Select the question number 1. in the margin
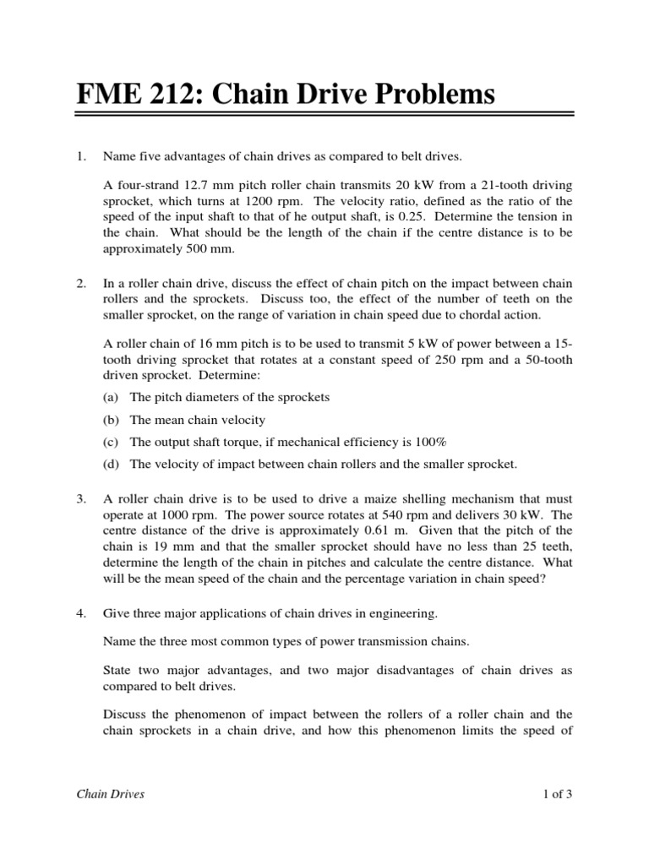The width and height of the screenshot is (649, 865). click(81, 156)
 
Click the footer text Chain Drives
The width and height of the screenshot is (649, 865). click(110, 794)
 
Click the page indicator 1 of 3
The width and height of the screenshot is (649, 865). click(558, 794)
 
